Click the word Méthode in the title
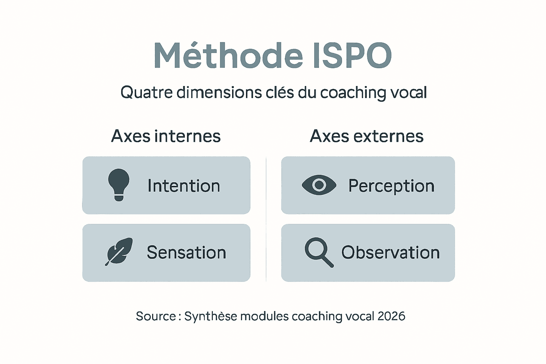[228, 56]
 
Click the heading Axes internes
[166, 136]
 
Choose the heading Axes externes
[366, 136]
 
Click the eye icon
[319, 185]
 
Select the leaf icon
[119, 252]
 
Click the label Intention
[184, 186]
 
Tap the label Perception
[391, 186]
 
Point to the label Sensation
[186, 253]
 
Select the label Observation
[390, 253]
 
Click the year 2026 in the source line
[391, 316]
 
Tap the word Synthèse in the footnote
[210, 316]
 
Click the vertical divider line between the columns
[266, 219]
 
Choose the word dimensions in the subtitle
[219, 92]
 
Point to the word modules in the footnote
[264, 316]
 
